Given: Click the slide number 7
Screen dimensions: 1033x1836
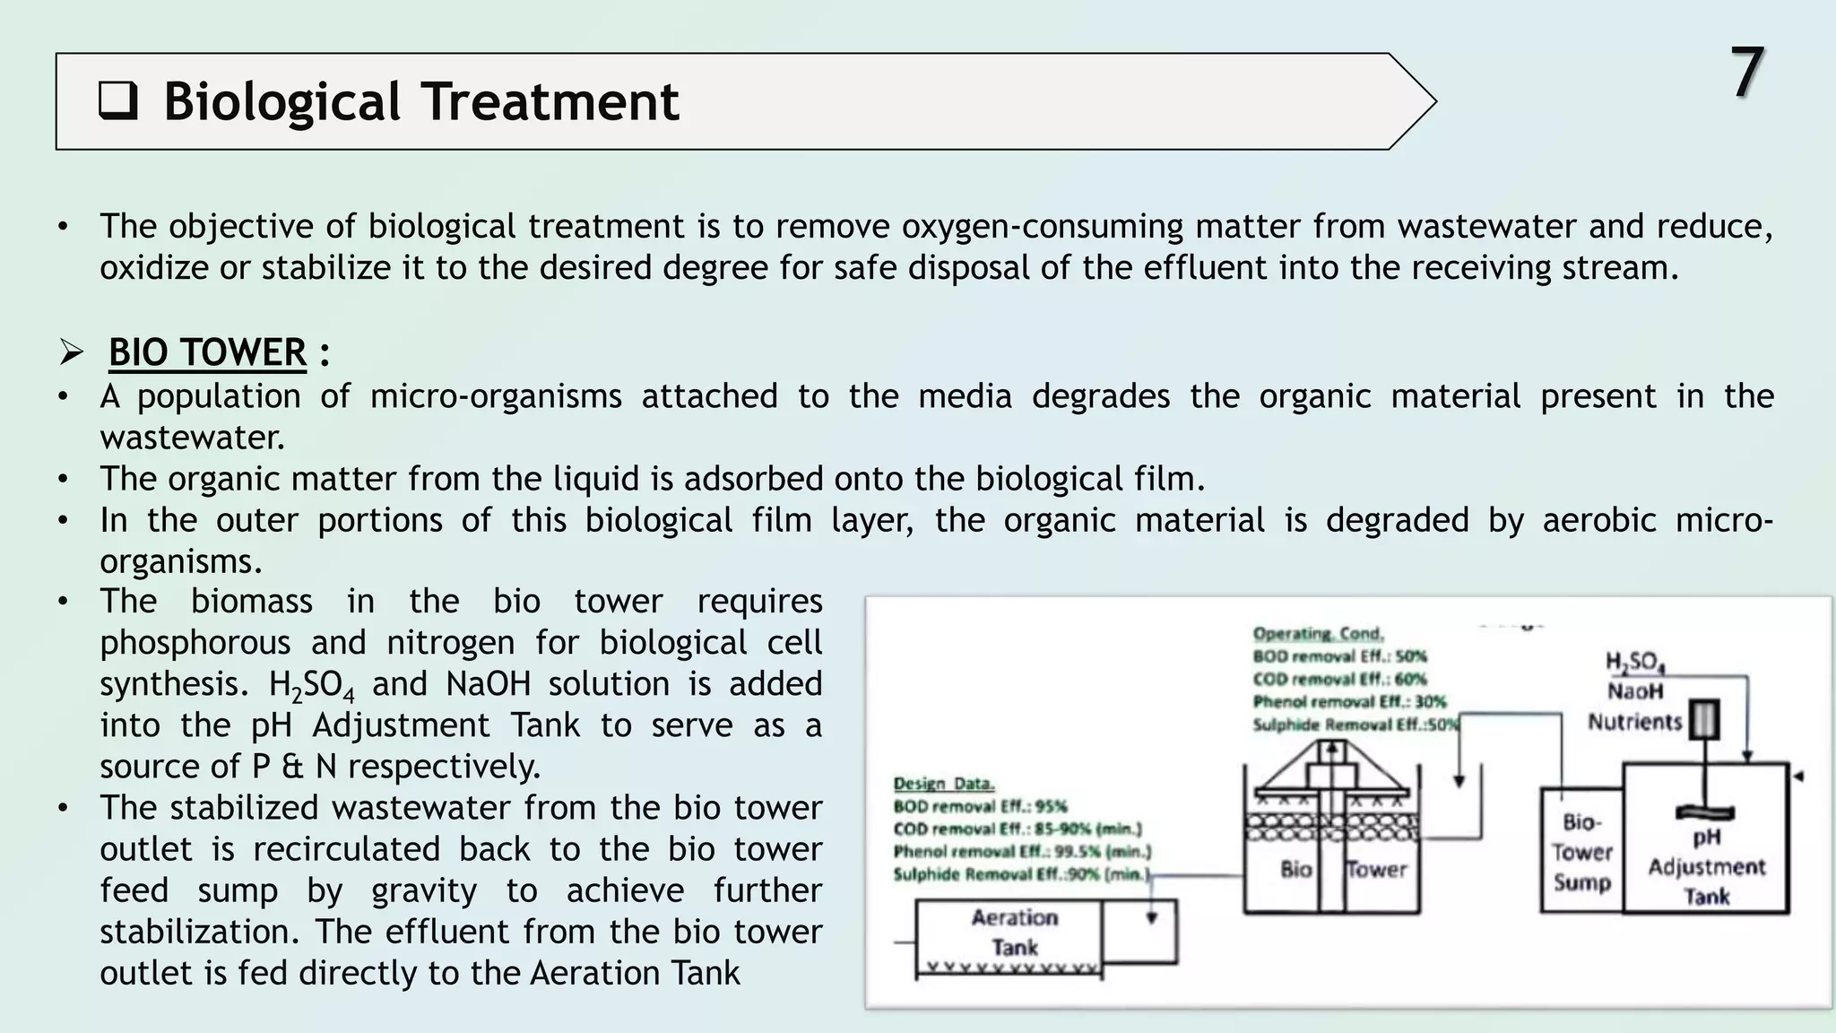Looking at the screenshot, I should pyautogui.click(x=1746, y=74).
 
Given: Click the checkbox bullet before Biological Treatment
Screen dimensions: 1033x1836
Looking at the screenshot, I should pyautogui.click(x=117, y=101).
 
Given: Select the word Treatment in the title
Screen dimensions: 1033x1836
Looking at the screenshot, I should pyautogui.click(x=550, y=101).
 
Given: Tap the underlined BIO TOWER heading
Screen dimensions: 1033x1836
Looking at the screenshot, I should pyautogui.click(x=207, y=352).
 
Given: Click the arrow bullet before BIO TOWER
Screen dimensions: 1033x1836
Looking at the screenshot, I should pyautogui.click(x=72, y=352).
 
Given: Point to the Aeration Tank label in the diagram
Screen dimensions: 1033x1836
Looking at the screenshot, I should pyautogui.click(x=1014, y=932).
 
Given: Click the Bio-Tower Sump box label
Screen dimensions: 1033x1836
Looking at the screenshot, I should pyautogui.click(x=1581, y=852).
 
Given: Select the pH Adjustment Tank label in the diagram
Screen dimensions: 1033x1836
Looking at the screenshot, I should pyautogui.click(x=1706, y=866).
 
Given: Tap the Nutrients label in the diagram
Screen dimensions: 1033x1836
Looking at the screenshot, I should pyautogui.click(x=1634, y=722).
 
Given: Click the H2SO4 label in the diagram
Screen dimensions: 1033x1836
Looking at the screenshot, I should pyautogui.click(x=1634, y=663).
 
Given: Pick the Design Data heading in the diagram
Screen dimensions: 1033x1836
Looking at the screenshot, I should pyautogui.click(x=943, y=784).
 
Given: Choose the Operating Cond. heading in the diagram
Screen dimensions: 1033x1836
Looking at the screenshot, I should pyautogui.click(x=1318, y=634).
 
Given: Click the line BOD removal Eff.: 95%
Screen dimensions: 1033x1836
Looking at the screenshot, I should pyautogui.click(x=980, y=806).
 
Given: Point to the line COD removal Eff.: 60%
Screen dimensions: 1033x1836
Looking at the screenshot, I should pyautogui.click(x=1339, y=679).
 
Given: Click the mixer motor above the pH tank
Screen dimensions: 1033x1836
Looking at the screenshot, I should pyautogui.click(x=1703, y=720).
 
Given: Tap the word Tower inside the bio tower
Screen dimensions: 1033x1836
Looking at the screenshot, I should pyautogui.click(x=1377, y=869).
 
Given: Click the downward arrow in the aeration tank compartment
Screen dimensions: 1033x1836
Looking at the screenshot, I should pyautogui.click(x=1152, y=917).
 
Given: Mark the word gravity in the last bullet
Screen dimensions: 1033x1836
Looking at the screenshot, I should pyautogui.click(x=424, y=890).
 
